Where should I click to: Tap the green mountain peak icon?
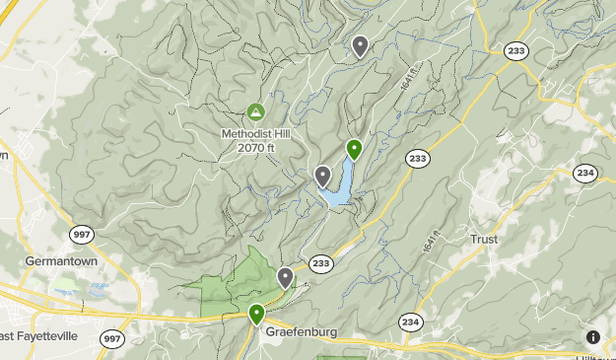[256, 112]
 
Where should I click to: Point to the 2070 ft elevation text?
[255, 148]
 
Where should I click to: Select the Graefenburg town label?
[301, 332]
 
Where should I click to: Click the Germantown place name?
[52, 261]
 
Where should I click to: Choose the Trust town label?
[484, 240]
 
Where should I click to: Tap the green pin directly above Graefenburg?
[256, 315]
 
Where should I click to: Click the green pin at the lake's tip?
[355, 150]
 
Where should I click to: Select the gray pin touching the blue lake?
[322, 177]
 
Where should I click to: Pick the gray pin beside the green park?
[285, 277]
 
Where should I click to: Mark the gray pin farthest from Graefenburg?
[361, 45]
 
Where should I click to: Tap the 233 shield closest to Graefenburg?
[321, 262]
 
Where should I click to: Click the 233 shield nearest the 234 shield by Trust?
[417, 158]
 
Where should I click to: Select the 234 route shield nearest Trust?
[586, 173]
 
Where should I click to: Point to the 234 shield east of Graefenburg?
[411, 323]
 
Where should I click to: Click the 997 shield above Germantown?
[81, 235]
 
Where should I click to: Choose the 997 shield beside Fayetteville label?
[112, 339]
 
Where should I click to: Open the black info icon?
[592, 337]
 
